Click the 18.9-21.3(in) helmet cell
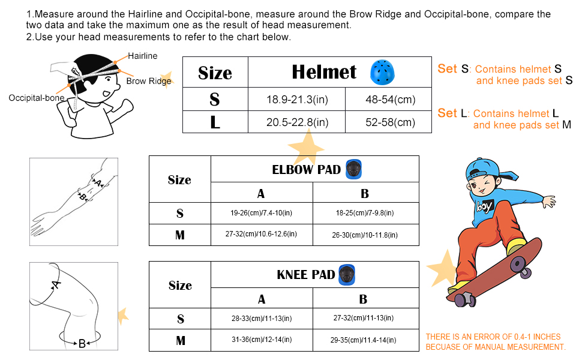297,100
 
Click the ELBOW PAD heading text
306,170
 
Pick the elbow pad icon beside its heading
355,169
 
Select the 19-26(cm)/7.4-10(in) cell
262,213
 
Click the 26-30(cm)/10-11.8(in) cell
365,235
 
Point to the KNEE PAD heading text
305,275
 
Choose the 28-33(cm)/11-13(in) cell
262,319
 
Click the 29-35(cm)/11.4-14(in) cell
365,340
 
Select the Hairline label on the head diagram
142,56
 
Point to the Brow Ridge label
148,81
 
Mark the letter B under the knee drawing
82,344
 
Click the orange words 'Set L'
452,113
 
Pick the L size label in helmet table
215,122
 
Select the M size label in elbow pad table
179,235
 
